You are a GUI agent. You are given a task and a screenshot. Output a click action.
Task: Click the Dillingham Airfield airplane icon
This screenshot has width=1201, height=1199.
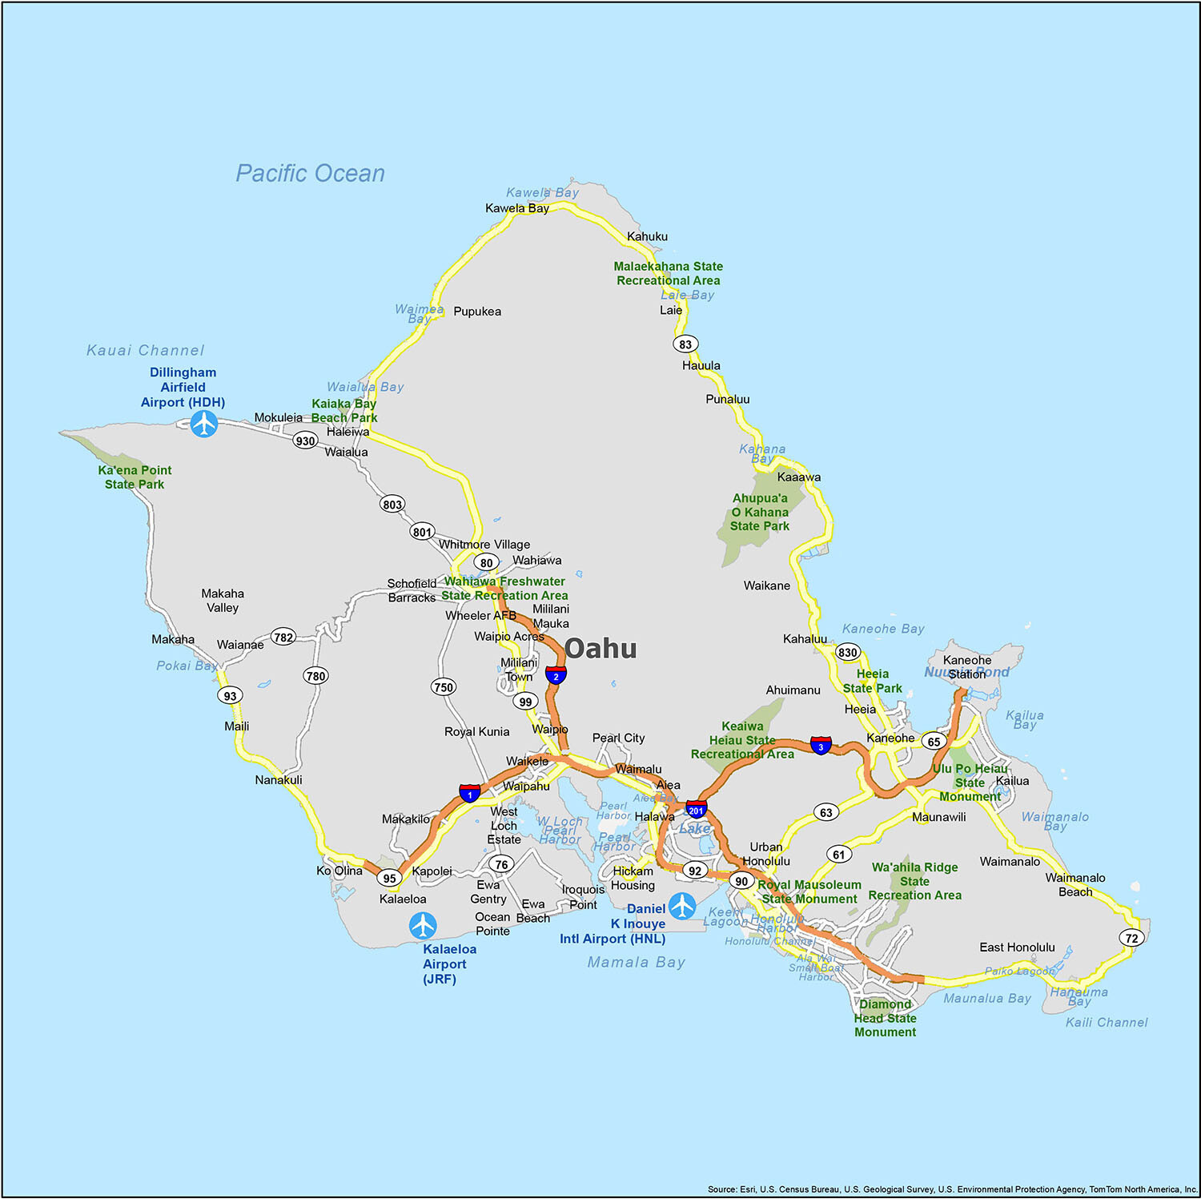coord(204,423)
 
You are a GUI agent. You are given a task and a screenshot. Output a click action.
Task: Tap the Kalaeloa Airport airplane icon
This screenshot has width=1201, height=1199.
coord(423,926)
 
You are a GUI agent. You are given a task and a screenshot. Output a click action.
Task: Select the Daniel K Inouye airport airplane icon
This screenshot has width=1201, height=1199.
coord(682,906)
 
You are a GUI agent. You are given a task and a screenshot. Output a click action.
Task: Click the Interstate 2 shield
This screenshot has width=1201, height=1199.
coord(556,675)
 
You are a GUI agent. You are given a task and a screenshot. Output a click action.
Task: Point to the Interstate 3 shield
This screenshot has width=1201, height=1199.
coord(821,746)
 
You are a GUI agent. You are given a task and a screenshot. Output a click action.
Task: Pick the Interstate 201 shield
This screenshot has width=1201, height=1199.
coord(697,810)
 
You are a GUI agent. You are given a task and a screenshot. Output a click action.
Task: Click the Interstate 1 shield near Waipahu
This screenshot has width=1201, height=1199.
coord(470,794)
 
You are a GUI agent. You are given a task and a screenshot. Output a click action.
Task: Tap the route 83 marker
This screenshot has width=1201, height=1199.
coord(685,344)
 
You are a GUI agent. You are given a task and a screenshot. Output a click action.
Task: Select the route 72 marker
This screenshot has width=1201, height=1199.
coord(1131,938)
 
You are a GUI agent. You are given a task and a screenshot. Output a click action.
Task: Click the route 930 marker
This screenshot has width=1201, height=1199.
coord(305,441)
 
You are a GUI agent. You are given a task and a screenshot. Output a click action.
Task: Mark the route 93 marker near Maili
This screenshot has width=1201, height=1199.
coord(231,695)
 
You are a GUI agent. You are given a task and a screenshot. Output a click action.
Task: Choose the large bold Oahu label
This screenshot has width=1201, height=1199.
coord(600,648)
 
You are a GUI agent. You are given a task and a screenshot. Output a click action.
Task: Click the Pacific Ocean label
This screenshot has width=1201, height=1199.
coord(310,173)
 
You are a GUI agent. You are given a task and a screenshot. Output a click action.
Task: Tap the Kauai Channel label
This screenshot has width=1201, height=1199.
coord(146,350)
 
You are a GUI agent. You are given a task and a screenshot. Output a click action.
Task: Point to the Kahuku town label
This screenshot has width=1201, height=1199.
coord(647,236)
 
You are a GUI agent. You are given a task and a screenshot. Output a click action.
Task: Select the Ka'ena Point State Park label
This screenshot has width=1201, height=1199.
coord(135,477)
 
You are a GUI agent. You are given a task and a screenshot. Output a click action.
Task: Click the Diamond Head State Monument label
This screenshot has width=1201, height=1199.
coord(885,1018)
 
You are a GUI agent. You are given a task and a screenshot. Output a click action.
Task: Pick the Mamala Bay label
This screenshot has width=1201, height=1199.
coord(637,962)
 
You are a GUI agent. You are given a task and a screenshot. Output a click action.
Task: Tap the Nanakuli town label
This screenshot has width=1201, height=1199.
coord(279,779)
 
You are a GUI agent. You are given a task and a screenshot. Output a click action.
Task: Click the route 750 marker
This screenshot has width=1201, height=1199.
coord(444,687)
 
